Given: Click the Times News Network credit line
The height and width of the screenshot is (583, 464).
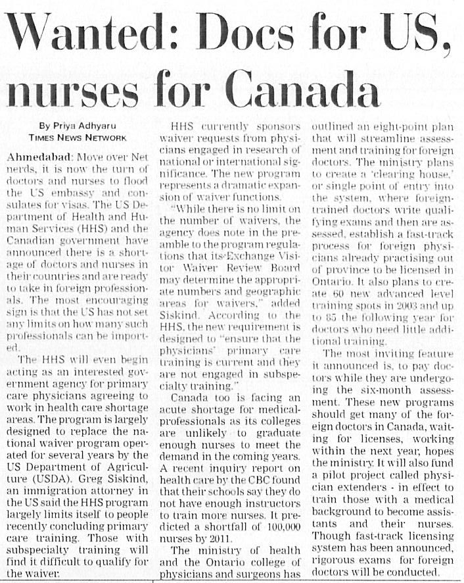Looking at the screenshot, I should pyautogui.click(x=77, y=138).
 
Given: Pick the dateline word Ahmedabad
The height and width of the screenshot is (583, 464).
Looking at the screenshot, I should pyautogui.click(x=38, y=159).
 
